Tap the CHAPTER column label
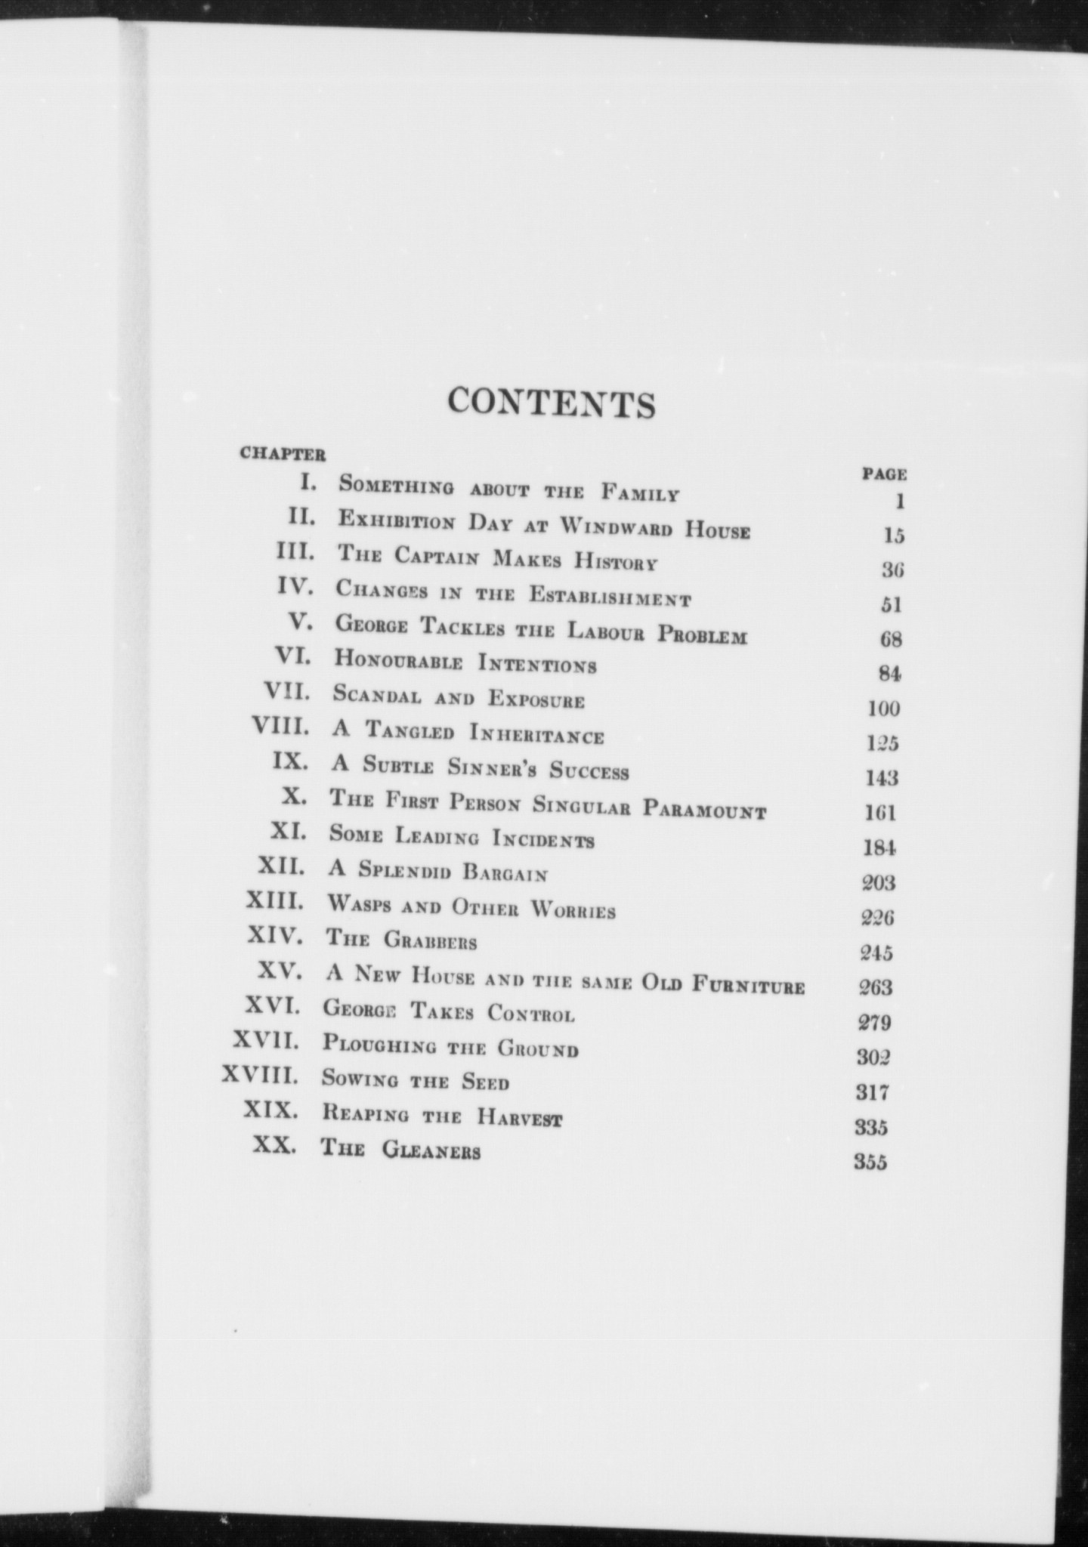283,454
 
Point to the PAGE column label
885,474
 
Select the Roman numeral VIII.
281,727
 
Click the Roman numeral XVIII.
260,1075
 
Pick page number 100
883,709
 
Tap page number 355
870,1162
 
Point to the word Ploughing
379,1045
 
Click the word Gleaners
431,1150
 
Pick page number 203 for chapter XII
879,882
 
